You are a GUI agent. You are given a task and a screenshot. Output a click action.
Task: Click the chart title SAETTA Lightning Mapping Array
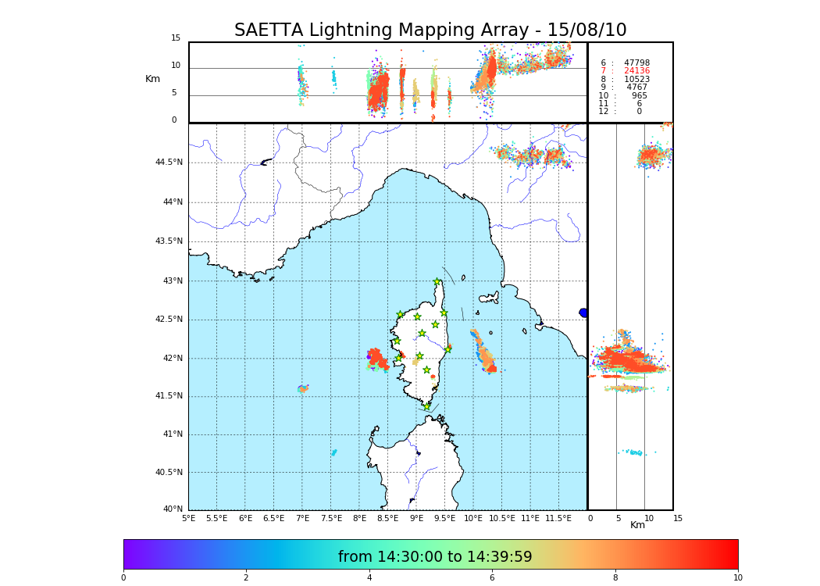click(430, 30)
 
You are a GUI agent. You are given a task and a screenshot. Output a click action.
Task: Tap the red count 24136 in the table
click(636, 71)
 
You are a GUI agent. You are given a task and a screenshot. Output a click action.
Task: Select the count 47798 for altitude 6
click(636, 63)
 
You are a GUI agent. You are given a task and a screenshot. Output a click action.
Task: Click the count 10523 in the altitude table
click(636, 79)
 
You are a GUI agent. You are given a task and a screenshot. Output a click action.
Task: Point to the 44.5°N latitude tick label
click(169, 163)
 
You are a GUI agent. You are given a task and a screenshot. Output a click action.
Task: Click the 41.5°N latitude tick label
click(169, 396)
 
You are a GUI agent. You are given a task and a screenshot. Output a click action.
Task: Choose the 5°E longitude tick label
click(188, 518)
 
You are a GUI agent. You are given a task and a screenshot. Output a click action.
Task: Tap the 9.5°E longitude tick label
click(445, 518)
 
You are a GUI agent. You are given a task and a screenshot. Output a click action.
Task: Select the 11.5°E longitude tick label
click(558, 518)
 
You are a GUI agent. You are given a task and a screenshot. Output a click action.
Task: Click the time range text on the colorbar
click(435, 557)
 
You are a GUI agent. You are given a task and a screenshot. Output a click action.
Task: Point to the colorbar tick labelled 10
click(737, 578)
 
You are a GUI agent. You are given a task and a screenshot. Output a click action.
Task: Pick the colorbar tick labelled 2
click(246, 578)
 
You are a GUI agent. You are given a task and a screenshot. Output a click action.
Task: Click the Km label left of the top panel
click(153, 79)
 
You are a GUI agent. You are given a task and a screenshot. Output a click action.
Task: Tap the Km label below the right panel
click(638, 525)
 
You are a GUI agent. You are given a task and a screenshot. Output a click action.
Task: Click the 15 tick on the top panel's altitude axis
click(176, 38)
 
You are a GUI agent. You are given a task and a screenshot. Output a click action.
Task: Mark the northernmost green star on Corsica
click(437, 282)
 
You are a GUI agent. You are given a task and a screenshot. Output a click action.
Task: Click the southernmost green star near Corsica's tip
click(427, 406)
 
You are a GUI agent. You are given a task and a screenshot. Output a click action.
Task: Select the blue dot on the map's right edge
click(583, 313)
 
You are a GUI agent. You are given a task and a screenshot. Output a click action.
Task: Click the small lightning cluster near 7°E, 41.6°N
click(303, 388)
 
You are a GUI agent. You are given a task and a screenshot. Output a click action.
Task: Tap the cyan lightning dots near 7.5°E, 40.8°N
click(333, 452)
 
